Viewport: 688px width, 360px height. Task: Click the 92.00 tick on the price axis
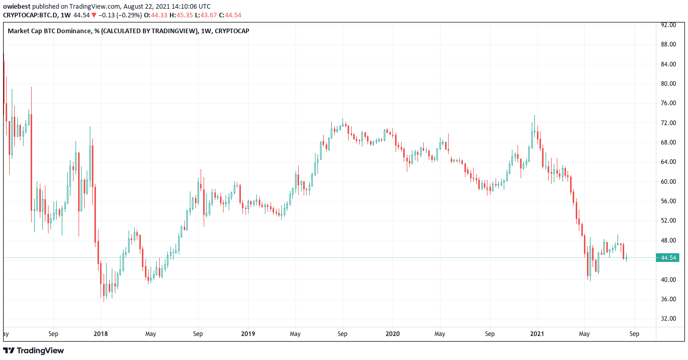coord(668,25)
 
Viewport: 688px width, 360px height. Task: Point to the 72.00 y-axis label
coord(668,123)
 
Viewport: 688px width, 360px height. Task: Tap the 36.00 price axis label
coord(668,299)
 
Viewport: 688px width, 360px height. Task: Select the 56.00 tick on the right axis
coord(668,201)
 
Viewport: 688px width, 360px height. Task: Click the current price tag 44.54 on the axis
coord(668,258)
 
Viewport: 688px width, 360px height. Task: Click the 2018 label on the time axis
coord(101,334)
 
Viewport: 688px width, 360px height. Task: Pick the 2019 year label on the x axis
coord(248,334)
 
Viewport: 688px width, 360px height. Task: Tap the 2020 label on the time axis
coord(392,334)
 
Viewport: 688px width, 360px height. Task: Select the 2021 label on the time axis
coord(537,334)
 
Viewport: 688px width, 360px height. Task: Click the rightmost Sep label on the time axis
coord(634,334)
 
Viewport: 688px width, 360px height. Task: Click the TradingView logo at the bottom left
coord(34,351)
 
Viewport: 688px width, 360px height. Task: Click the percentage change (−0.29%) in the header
coord(119,15)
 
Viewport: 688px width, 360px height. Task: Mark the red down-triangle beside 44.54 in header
coord(93,15)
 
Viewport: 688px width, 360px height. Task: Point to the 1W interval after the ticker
coord(66,15)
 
